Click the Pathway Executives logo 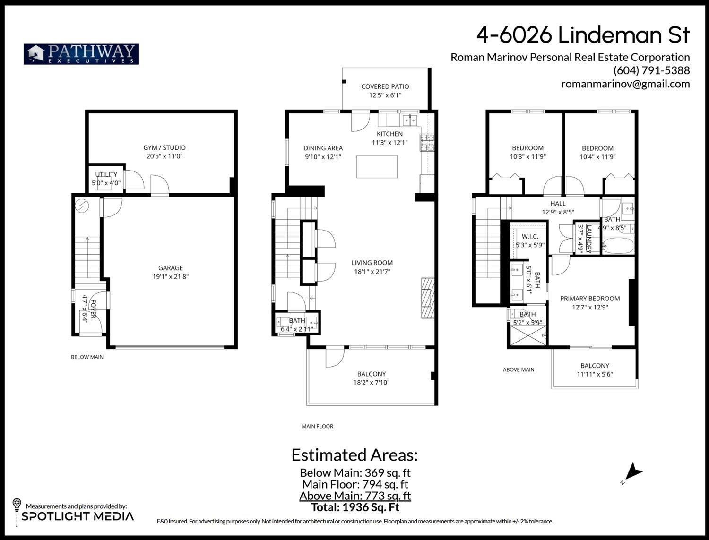81,54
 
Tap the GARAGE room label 170,268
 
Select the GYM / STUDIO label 164,147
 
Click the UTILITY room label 106,174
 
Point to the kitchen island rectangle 377,166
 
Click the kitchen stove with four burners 427,143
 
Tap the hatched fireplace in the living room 428,299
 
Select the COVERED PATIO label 385,86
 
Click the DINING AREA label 323,148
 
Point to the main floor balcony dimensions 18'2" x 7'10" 371,383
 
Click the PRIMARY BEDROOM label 589,299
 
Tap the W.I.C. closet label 530,236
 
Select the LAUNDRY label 589,239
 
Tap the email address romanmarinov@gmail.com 625,84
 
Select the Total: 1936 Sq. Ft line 355,507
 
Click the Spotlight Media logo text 78,516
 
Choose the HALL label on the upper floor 558,204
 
